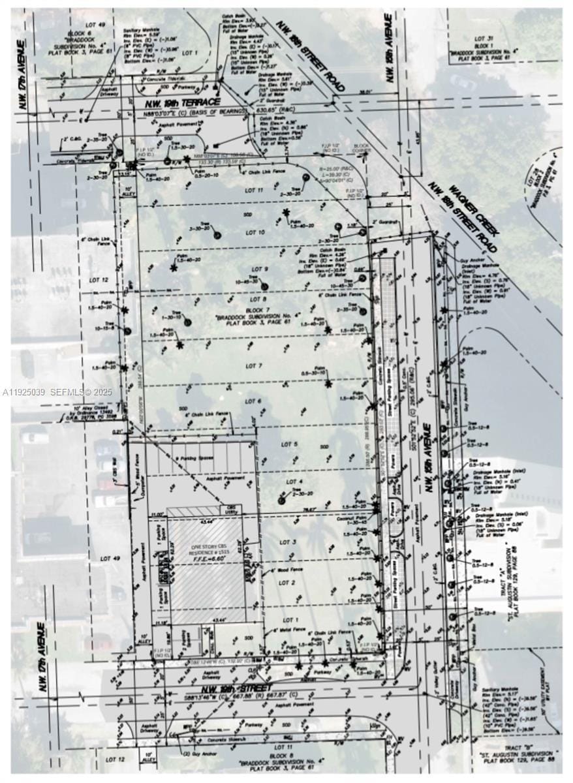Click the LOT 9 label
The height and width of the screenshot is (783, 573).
(x=260, y=269)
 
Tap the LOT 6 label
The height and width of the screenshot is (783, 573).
(x=253, y=401)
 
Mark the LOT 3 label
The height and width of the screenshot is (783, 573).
(x=289, y=542)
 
